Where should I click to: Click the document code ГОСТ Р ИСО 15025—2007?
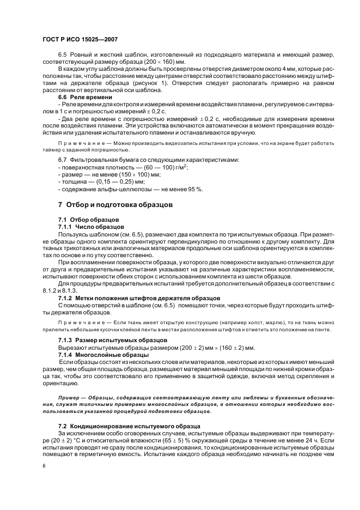(80, 40)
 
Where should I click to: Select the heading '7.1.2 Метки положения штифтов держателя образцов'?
(139, 297)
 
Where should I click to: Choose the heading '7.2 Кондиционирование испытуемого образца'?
(130, 424)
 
